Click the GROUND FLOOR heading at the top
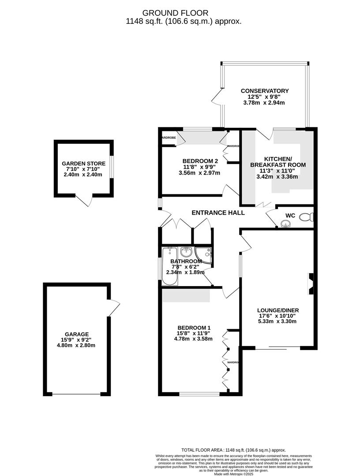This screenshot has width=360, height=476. (x=181, y=13)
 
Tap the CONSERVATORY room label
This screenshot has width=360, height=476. (x=264, y=91)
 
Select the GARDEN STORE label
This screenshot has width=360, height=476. (x=83, y=164)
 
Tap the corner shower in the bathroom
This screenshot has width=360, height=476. (x=205, y=255)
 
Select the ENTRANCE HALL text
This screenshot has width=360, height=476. (x=218, y=213)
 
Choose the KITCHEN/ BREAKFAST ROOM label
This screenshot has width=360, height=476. (x=278, y=162)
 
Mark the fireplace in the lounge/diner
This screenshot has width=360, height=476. (x=311, y=284)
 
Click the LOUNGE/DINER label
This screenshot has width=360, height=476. (x=277, y=310)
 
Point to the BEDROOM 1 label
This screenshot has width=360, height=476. (x=194, y=327)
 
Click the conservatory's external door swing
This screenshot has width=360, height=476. (x=217, y=97)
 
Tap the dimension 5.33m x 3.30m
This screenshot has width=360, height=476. (x=277, y=321)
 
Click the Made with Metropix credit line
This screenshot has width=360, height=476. (x=233, y=474)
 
